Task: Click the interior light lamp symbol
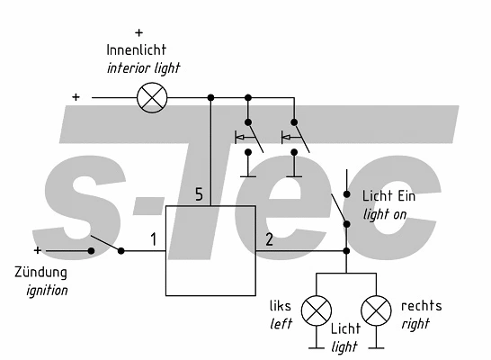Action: (149, 97)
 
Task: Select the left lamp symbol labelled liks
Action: (315, 311)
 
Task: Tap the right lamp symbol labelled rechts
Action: (376, 311)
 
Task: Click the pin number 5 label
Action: (201, 194)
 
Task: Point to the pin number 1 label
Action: (154, 239)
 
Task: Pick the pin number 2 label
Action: (269, 239)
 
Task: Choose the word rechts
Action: (421, 306)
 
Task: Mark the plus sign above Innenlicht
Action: (138, 32)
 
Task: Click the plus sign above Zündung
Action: (37, 250)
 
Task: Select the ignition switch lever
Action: (105, 244)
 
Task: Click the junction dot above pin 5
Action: (210, 97)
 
